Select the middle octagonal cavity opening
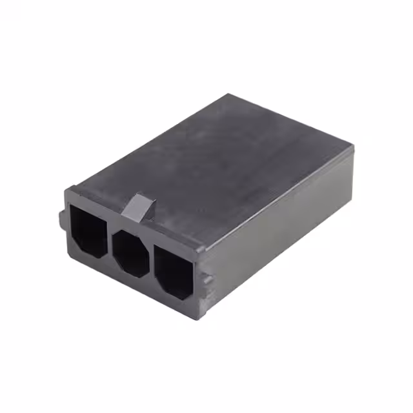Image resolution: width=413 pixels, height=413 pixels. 131,252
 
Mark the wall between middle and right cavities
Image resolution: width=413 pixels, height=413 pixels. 152,259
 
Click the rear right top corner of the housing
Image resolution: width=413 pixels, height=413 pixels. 354,150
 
